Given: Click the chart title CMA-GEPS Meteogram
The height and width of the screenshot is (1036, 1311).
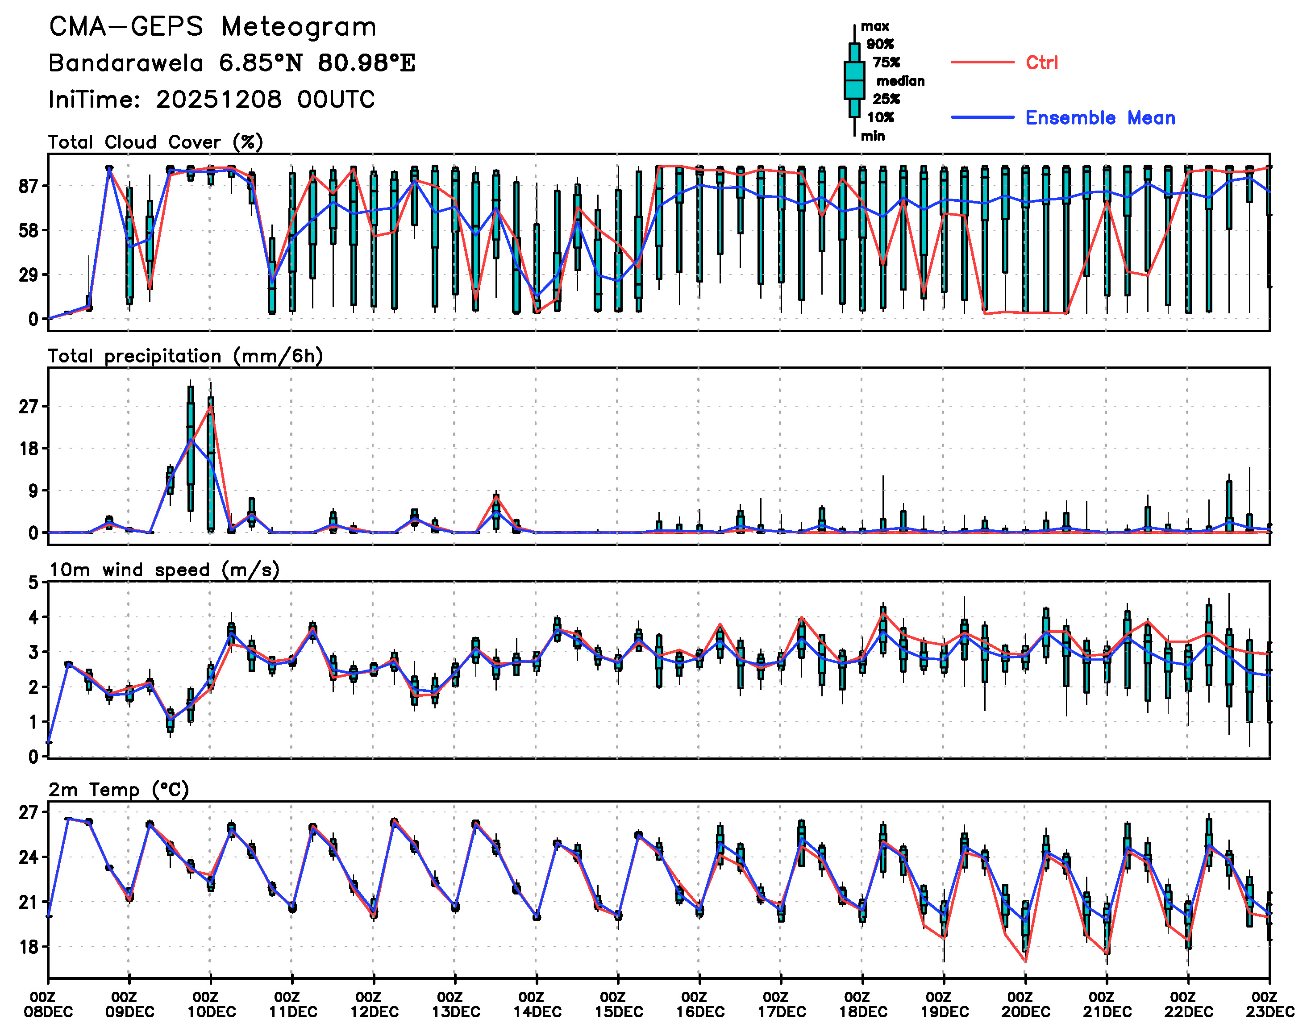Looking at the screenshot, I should pos(212,27).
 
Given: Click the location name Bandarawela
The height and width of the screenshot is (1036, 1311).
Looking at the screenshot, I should pos(125,63).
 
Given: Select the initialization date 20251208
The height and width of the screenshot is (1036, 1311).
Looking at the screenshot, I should pos(218,100).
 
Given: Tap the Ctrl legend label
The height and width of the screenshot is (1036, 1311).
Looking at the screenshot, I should pos(1041,62).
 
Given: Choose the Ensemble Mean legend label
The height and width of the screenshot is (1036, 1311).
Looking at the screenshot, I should pos(1100,118).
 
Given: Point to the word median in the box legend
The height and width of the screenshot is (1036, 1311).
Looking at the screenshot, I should pos(900,81).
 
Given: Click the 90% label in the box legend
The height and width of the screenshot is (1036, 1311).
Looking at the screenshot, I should pos(880,44).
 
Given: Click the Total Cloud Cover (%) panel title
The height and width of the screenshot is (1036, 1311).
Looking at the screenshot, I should pos(155,142).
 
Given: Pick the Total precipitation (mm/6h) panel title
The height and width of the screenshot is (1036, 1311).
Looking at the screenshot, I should pos(185,356).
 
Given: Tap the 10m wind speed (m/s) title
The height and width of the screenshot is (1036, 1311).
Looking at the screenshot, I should pos(164,570).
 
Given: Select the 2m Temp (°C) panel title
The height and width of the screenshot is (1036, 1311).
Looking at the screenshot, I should pos(119,789).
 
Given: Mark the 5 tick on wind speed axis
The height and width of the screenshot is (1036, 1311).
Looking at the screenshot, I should pos(34,583).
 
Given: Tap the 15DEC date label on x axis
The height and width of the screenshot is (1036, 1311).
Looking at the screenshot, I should pos(618,1012).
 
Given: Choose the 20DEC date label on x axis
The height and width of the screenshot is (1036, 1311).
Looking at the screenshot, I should pos(1025,1012).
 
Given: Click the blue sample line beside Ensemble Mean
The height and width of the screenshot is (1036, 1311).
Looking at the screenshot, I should pos(982,117).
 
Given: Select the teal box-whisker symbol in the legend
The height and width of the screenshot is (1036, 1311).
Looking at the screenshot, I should pos(854,80).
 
